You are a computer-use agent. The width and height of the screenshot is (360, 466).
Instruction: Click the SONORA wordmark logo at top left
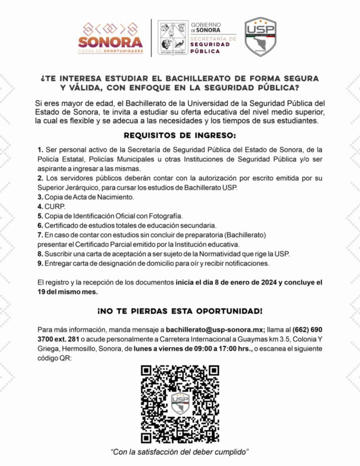[x=111, y=42]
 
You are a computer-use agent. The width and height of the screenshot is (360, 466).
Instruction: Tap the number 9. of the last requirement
[x=41, y=263]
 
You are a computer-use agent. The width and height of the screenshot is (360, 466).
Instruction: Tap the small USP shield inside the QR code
[x=180, y=403]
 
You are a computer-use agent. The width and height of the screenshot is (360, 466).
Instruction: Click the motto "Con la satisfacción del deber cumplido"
[x=180, y=452]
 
